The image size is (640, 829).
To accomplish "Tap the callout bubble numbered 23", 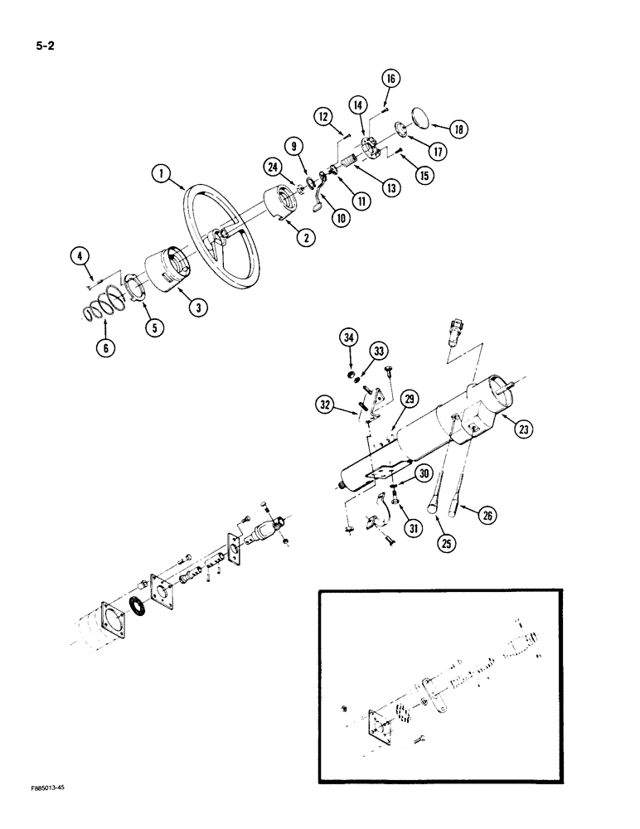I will (x=524, y=429).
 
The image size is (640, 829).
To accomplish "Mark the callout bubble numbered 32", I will (x=325, y=405).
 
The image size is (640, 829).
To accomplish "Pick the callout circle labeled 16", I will (x=391, y=79).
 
